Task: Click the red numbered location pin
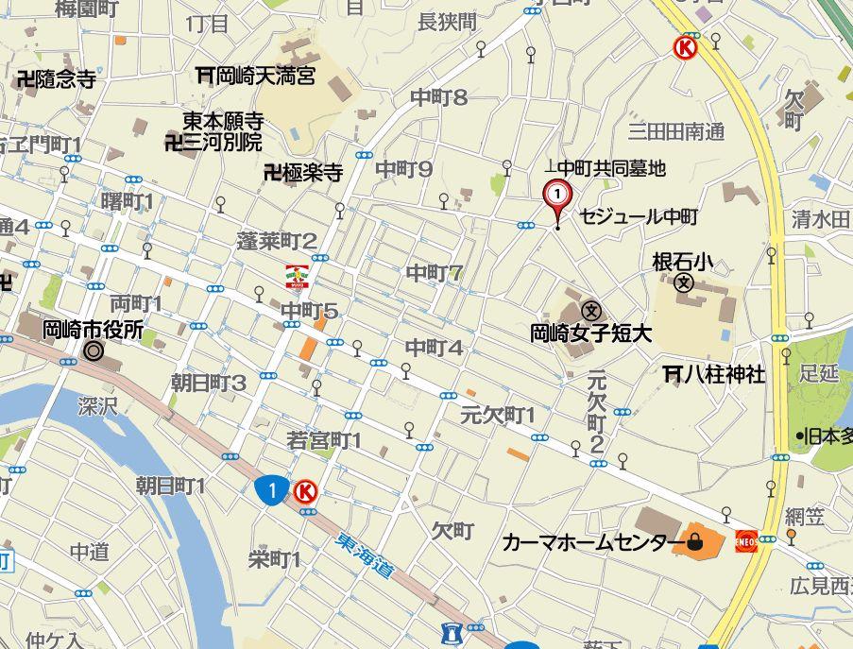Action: pos(558,196)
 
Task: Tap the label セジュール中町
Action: pos(639,217)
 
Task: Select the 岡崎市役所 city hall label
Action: pos(93,330)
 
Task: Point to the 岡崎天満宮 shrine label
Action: pos(255,74)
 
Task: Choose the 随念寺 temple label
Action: pos(57,79)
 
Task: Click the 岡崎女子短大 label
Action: pos(591,333)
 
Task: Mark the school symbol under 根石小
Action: pos(684,282)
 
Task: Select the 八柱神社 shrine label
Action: pos(715,375)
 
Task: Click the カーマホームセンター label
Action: pos(592,542)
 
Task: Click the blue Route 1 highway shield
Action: pos(271,489)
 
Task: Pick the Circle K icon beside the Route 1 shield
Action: pos(305,490)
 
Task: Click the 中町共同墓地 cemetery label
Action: pos(610,168)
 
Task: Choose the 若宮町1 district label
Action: pos(324,440)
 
